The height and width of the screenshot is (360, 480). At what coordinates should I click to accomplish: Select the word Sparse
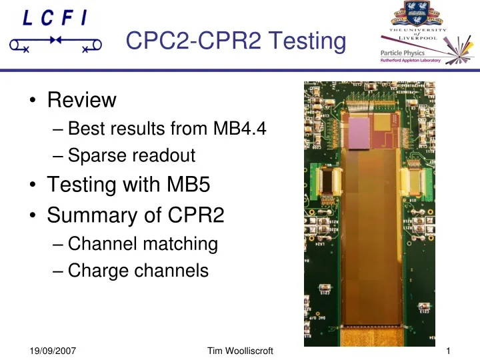tap(97, 155)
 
